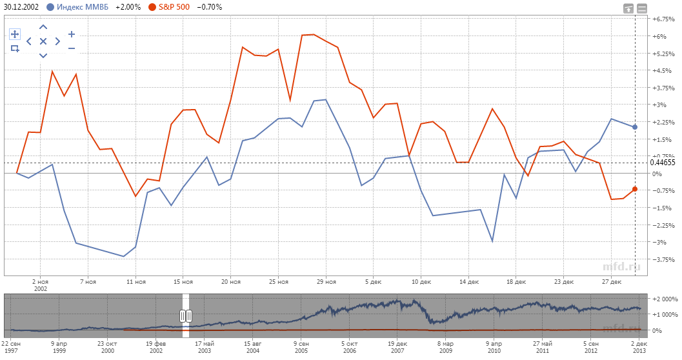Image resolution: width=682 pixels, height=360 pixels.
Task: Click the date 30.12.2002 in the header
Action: [x=22, y=7]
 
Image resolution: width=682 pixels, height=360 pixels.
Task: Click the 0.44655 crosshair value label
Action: [x=663, y=163]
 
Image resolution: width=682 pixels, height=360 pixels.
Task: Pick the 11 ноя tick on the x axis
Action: [x=135, y=282]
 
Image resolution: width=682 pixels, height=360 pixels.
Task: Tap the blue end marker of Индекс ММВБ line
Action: [x=635, y=127]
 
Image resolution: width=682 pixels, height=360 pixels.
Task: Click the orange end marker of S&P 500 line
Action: [x=635, y=189]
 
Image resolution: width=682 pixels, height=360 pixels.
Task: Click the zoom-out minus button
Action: [x=72, y=48]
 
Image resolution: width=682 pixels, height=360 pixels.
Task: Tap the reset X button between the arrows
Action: [x=43, y=41]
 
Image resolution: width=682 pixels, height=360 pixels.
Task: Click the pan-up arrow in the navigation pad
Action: [x=43, y=27]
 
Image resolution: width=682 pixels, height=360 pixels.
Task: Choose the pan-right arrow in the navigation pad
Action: [x=57, y=41]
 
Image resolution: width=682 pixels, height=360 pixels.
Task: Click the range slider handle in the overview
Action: [x=186, y=315]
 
